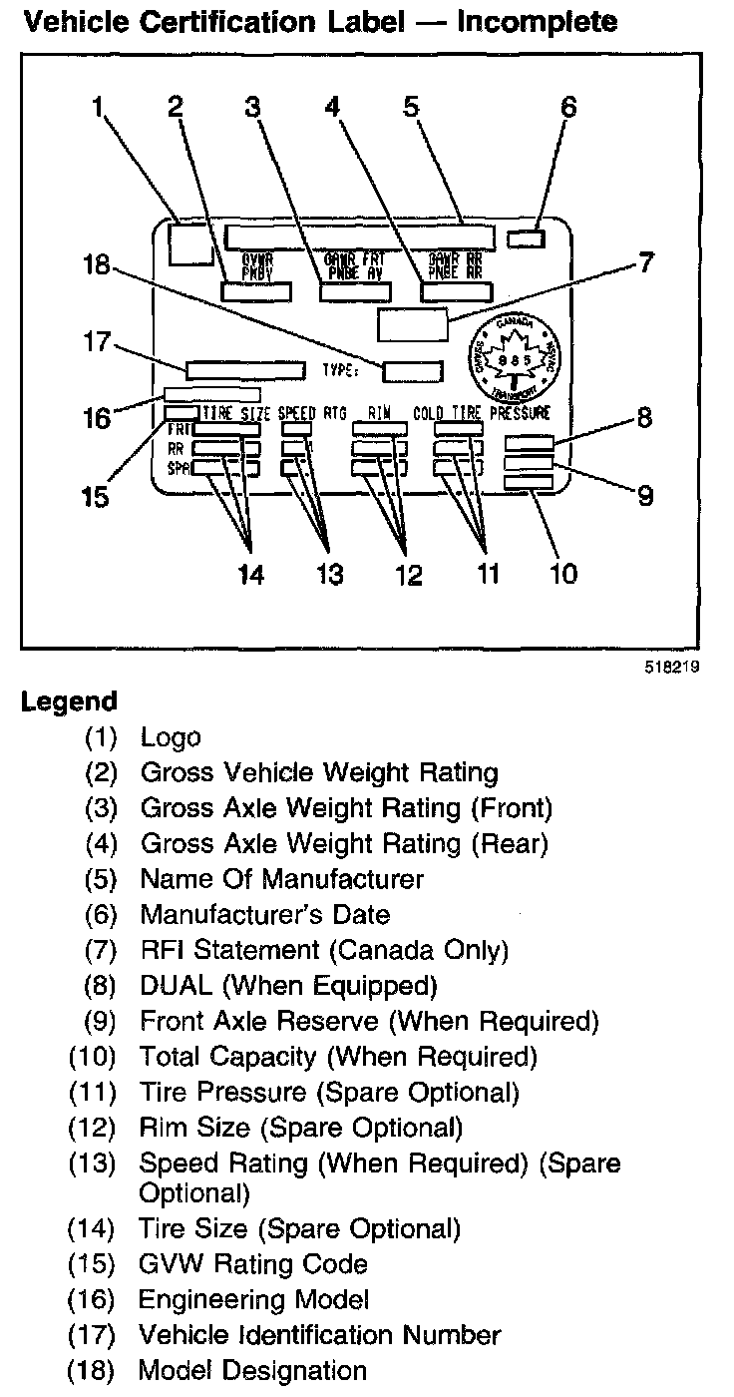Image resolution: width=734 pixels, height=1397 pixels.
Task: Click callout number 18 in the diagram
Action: (101, 266)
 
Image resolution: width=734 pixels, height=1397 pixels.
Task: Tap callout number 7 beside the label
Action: (645, 263)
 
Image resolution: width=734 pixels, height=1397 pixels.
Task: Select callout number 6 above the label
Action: (567, 107)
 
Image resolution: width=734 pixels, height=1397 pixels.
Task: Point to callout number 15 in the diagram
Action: (96, 495)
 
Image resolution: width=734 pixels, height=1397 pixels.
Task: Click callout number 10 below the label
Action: (563, 574)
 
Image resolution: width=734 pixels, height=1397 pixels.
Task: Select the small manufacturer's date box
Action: (527, 237)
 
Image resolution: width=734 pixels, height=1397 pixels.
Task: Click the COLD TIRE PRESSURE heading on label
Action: (482, 412)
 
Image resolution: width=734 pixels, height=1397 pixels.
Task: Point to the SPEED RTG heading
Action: (309, 412)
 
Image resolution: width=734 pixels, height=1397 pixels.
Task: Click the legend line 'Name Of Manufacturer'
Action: (281, 879)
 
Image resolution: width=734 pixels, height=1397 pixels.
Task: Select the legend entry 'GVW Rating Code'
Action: (253, 1264)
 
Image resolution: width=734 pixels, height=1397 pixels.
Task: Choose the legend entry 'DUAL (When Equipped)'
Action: (288, 986)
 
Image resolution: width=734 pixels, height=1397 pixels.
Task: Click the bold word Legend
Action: (69, 701)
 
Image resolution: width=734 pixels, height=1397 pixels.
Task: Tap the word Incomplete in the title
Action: (537, 21)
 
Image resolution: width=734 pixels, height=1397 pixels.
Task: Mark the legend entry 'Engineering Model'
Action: (254, 1299)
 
